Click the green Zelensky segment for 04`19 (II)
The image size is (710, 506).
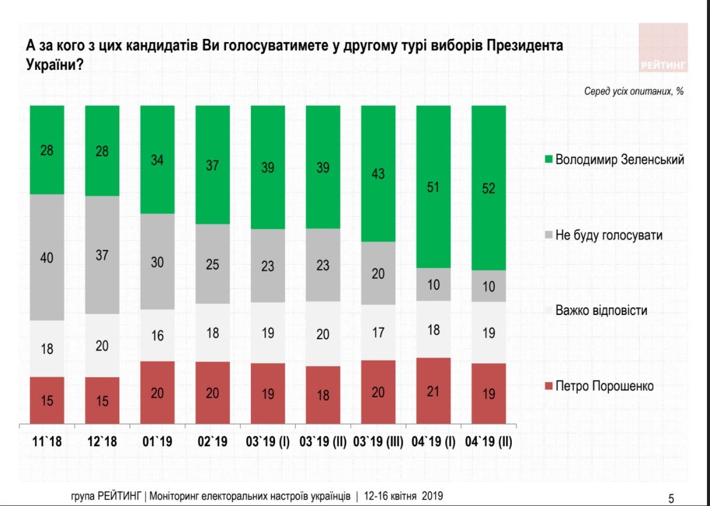(x=489, y=188)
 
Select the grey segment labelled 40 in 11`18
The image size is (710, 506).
(x=47, y=257)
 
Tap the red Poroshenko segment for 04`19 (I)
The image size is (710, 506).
(x=434, y=391)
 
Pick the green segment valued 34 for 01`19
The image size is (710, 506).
(x=157, y=160)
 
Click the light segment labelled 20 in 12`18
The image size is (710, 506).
(x=102, y=345)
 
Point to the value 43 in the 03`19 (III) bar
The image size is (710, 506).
(x=377, y=174)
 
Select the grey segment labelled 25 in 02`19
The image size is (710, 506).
(x=212, y=264)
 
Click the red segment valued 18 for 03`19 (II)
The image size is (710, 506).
(x=323, y=395)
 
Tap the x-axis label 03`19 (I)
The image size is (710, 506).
(x=267, y=441)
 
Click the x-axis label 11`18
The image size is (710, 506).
(x=47, y=441)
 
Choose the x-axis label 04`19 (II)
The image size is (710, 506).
(x=489, y=441)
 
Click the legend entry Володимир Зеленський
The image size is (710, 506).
(x=619, y=160)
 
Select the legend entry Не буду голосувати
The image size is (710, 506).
(x=608, y=235)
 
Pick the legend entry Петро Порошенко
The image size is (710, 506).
(x=603, y=386)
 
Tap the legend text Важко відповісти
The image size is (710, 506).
(x=601, y=310)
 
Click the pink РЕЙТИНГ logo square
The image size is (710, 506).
(x=663, y=47)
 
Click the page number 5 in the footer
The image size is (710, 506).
(x=670, y=498)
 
